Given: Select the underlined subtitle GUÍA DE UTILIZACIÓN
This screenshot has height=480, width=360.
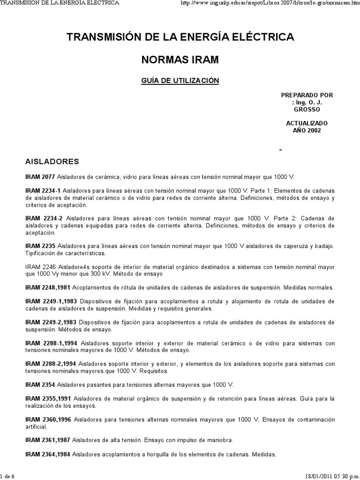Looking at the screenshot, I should click(x=180, y=81).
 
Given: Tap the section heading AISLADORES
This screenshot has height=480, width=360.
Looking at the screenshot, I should click(x=52, y=161).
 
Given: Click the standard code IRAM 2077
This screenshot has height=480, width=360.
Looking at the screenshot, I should click(x=40, y=177).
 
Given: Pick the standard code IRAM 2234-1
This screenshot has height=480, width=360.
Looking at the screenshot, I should click(x=43, y=191).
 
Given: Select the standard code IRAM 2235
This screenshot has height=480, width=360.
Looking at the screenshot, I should click(x=40, y=247).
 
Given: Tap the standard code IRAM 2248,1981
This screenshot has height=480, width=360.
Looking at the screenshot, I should click(x=47, y=287).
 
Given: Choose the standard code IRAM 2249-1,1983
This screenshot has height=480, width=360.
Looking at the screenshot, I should click(x=51, y=301).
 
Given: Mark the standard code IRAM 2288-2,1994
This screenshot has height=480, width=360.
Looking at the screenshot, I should click(x=51, y=364).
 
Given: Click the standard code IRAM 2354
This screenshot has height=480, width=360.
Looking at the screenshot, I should click(x=40, y=385).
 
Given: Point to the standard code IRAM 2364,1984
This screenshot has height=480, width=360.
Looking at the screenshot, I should click(x=48, y=454).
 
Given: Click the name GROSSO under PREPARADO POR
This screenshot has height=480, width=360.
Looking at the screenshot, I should click(x=307, y=109).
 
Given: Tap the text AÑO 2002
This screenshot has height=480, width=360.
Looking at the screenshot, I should click(x=307, y=130).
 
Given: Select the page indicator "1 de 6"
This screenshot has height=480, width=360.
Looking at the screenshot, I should click(x=8, y=476).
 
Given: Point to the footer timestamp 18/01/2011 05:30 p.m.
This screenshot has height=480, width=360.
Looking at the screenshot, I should click(x=330, y=476).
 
